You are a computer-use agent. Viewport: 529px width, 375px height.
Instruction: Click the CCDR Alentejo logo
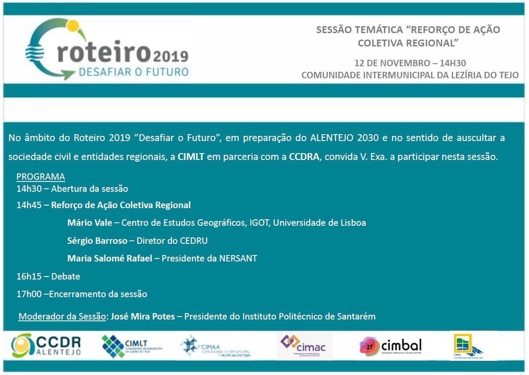[46, 345]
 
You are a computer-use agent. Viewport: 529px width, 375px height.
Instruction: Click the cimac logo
[304, 345]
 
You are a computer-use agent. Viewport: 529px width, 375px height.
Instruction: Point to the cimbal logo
[391, 346]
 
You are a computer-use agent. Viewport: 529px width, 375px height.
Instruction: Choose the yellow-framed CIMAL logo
[468, 346]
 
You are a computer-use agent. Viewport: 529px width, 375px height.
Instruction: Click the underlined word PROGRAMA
[41, 177]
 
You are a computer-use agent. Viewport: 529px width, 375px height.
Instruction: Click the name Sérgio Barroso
[97, 241]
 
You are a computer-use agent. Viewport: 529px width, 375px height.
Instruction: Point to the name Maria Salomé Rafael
[109, 258]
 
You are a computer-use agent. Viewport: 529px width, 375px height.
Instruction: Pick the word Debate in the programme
[66, 277]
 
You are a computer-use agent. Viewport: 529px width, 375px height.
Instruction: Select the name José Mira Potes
[143, 317]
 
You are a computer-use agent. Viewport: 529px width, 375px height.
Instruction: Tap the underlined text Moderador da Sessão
[62, 317]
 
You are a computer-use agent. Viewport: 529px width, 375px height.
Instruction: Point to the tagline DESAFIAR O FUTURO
[134, 71]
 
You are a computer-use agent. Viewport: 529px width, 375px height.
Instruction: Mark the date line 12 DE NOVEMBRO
[410, 63]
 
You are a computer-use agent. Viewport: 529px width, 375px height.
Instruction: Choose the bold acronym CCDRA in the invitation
[304, 157]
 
